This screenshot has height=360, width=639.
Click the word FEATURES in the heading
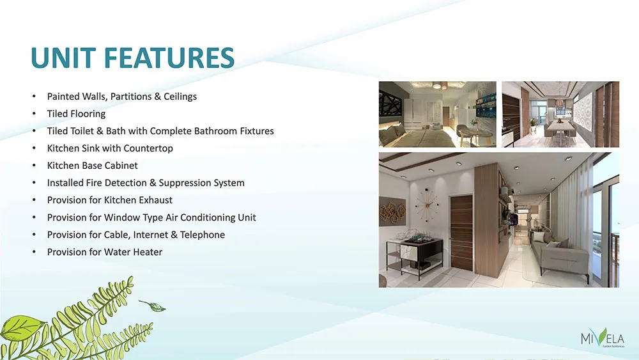(x=169, y=58)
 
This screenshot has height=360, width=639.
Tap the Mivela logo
(x=603, y=338)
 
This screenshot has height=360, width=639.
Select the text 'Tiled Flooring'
(x=76, y=114)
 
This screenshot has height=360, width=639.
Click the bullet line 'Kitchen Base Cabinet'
(x=93, y=166)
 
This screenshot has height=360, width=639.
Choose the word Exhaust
(x=156, y=200)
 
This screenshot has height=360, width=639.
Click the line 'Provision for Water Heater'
(x=105, y=252)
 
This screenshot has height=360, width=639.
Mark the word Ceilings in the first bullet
(x=180, y=97)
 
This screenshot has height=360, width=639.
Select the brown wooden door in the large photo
(x=462, y=232)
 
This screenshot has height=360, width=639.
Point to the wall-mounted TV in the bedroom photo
(x=486, y=105)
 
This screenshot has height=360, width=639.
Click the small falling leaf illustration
(x=153, y=306)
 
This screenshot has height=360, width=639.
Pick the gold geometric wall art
(x=393, y=212)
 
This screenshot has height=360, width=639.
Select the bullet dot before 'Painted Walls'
(x=35, y=97)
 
